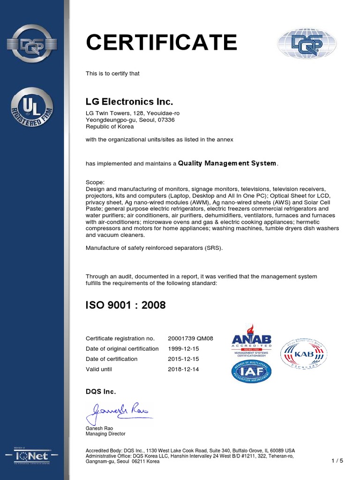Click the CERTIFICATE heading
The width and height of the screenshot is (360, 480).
(161, 43)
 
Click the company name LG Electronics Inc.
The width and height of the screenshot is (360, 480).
(129, 102)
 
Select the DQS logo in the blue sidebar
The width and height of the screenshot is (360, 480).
(32, 44)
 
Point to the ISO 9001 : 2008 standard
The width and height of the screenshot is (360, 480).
(126, 305)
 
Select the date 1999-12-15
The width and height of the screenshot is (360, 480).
(183, 349)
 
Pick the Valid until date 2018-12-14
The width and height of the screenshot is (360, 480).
(183, 369)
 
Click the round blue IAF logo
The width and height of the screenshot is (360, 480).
(251, 371)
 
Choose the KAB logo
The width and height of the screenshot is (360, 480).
(303, 354)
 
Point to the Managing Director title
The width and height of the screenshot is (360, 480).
(105, 434)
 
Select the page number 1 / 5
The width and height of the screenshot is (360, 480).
(337, 461)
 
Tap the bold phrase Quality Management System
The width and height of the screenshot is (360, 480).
(227, 164)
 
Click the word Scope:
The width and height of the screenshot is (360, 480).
(96, 182)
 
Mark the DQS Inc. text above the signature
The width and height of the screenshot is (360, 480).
(101, 391)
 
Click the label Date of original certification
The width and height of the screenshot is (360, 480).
(122, 349)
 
